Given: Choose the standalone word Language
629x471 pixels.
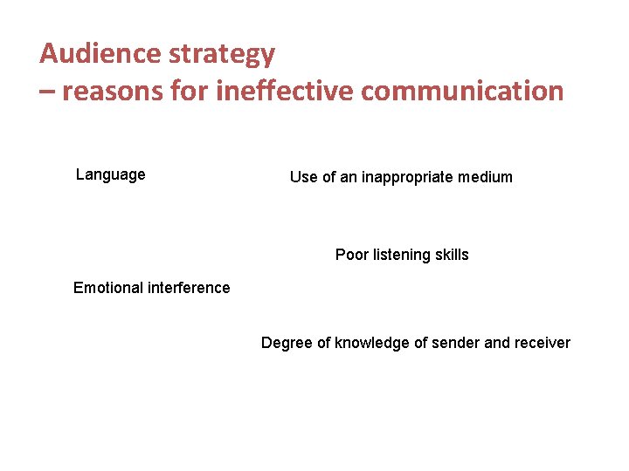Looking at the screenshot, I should tap(111, 174).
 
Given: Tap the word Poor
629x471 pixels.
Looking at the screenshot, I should tap(352, 255).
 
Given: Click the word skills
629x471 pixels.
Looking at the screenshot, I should tap(451, 255).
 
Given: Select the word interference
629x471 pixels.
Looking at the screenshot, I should tap(190, 288).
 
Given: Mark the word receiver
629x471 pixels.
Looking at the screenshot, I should tap(542, 343).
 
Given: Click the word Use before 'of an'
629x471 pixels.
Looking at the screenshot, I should tap(302, 177).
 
